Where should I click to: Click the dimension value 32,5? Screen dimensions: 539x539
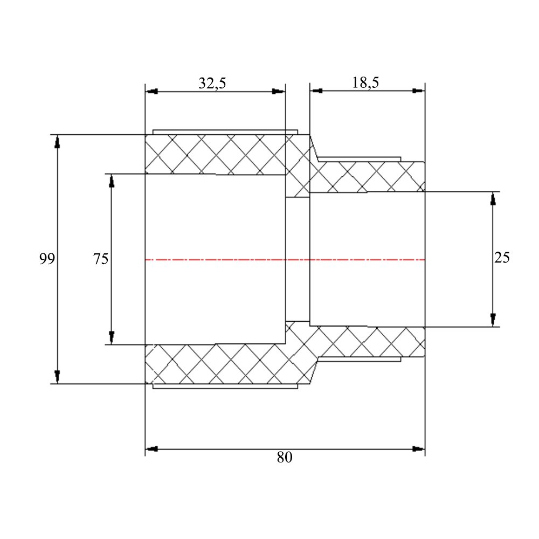[x=212, y=83]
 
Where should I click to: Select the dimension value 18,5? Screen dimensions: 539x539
[x=365, y=82]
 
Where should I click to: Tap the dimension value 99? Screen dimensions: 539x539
[x=47, y=259]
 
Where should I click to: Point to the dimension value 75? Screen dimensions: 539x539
[x=101, y=259]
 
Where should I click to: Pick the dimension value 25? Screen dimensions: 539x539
[x=502, y=258]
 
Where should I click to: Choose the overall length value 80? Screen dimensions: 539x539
[x=285, y=457]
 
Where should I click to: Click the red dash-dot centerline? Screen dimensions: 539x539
[x=285, y=260]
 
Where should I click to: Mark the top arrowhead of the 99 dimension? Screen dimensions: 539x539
[x=57, y=142]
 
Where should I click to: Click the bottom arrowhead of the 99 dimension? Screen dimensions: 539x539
[x=57, y=377]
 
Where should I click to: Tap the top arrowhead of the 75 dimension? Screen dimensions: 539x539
[x=112, y=181]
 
